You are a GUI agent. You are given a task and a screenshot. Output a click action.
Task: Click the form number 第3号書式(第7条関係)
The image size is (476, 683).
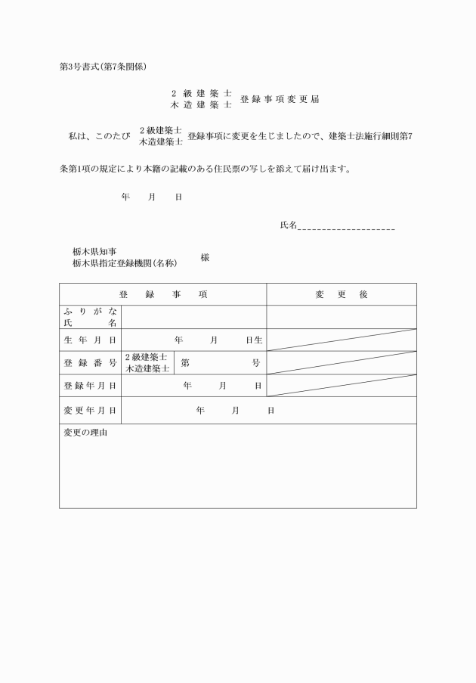coord(103,67)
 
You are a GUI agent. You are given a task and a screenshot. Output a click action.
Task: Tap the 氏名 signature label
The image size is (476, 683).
coord(288,225)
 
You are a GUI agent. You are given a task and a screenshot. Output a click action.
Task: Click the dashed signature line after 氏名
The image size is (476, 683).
coord(347,226)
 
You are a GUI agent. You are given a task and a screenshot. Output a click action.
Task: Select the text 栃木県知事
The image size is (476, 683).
coord(94,252)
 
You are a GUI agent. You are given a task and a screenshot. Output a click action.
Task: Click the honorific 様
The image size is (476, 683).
coord(205,257)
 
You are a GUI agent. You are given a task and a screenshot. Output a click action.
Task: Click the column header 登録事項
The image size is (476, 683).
coord(162,294)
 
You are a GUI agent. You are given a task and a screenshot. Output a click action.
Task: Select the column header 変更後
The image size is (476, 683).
coord(341,294)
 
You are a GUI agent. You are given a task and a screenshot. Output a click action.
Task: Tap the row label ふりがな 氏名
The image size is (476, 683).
coord(90,317)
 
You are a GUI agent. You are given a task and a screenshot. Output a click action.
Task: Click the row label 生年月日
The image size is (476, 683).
coord(90,340)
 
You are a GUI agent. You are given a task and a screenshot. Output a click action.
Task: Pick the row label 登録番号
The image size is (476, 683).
coord(90,363)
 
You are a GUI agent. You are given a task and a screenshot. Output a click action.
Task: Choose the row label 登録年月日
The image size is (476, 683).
coord(90,386)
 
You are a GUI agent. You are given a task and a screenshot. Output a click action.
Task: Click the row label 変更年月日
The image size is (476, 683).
coord(90,410)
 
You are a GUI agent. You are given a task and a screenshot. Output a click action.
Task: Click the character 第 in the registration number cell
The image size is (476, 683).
coord(185,363)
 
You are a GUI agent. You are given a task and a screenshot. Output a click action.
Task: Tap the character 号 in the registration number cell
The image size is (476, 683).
coord(255,363)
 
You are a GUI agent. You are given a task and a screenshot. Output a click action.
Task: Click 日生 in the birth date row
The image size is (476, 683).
coord(253,340)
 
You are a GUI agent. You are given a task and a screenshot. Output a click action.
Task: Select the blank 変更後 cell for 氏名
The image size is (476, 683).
coord(341,317)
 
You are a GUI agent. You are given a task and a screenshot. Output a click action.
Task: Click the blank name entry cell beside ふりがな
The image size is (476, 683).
coord(193,317)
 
